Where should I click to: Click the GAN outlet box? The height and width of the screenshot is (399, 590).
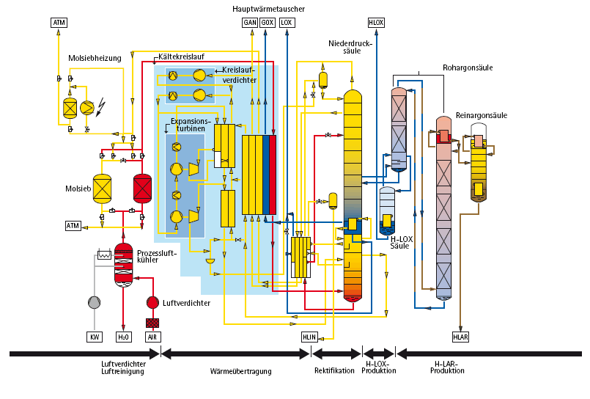click(x=249, y=23)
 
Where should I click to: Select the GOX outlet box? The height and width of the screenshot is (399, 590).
click(x=268, y=23)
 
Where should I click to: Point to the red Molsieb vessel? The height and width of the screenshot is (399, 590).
click(x=141, y=188)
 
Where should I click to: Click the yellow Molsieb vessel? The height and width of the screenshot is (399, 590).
click(x=102, y=188)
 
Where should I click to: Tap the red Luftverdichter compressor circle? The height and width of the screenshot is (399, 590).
click(x=152, y=302)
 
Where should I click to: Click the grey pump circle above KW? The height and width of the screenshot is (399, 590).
click(x=95, y=302)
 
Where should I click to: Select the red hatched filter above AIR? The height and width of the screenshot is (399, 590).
click(x=152, y=323)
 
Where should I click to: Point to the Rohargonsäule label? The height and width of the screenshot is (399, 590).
click(x=467, y=67)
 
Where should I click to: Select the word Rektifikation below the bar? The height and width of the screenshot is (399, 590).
click(x=334, y=370)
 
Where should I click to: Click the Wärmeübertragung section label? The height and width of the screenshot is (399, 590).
click(x=241, y=371)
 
